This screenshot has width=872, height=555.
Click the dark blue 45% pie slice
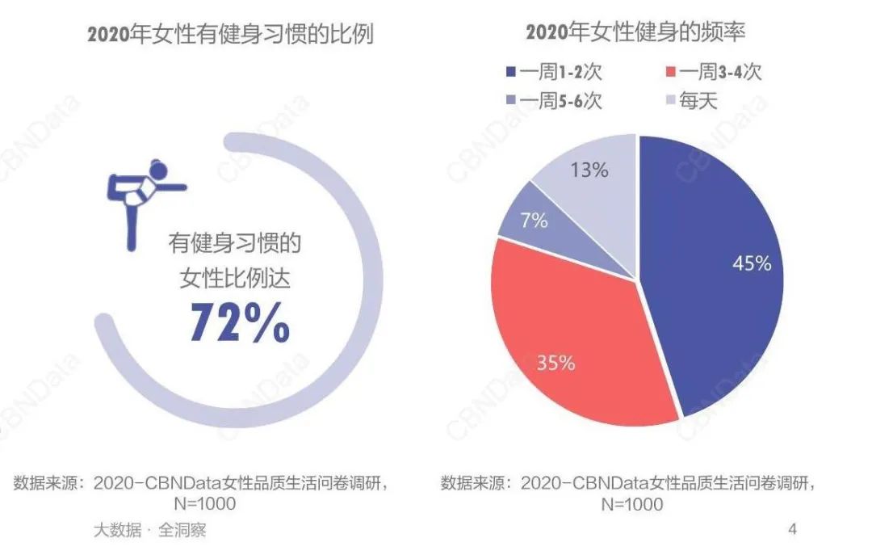click(x=711, y=307)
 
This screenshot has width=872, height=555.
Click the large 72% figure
click(x=240, y=321)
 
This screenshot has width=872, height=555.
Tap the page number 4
click(x=792, y=530)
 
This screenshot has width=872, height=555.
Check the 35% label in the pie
click(x=555, y=363)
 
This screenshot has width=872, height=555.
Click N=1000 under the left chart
click(x=205, y=504)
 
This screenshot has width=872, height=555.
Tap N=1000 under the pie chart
click(x=632, y=504)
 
